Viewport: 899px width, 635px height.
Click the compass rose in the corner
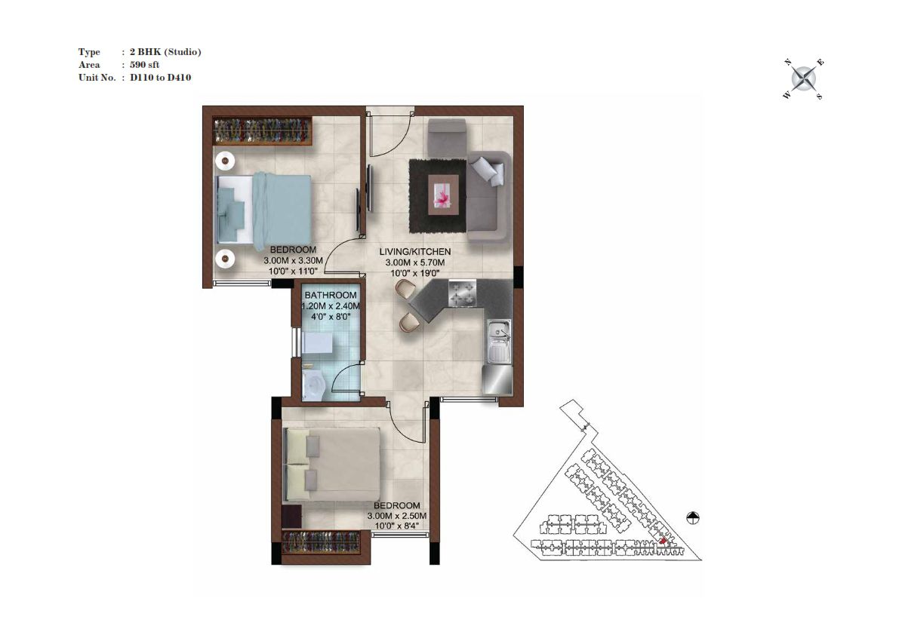click(x=804, y=79)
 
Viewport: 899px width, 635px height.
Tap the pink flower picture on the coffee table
click(x=443, y=195)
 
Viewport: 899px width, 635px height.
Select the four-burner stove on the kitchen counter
click(x=462, y=293)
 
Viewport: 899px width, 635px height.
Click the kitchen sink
click(x=500, y=342)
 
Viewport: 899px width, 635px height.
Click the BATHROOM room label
click(x=331, y=296)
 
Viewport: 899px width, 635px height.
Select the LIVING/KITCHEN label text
click(x=415, y=252)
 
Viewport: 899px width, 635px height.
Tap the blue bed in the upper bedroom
click(x=263, y=209)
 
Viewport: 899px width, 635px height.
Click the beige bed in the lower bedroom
click(x=333, y=465)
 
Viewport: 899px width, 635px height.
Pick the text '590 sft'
click(x=144, y=65)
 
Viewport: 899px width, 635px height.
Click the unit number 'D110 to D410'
click(x=161, y=77)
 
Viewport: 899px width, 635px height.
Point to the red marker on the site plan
click(x=663, y=541)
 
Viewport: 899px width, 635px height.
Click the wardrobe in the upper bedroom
click(x=262, y=131)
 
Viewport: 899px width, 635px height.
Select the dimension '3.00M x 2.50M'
click(x=397, y=516)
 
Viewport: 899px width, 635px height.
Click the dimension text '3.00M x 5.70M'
click(x=415, y=262)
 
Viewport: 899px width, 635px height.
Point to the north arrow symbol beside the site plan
click(x=693, y=518)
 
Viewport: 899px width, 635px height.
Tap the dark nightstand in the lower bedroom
click(x=292, y=516)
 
